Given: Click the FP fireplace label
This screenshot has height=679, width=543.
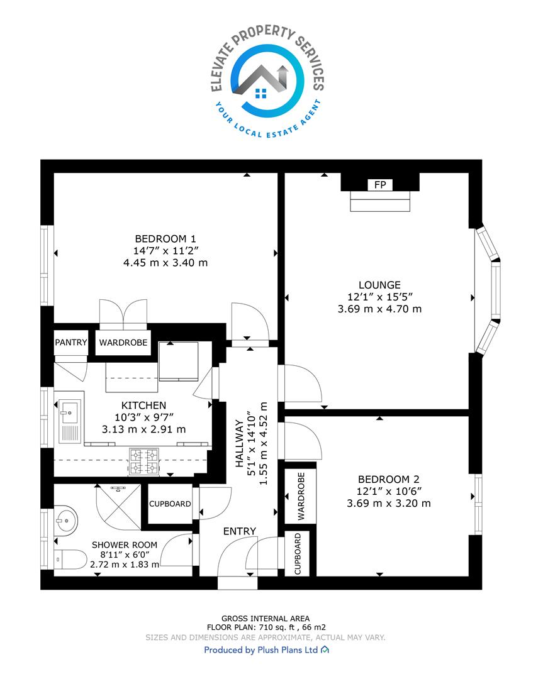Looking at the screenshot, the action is pyautogui.click(x=380, y=185).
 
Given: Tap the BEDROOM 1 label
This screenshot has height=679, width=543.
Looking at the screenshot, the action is pyautogui.click(x=165, y=239).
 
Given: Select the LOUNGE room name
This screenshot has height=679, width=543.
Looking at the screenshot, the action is pyautogui.click(x=379, y=285).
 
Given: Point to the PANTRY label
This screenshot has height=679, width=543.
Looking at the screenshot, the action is pyautogui.click(x=70, y=343).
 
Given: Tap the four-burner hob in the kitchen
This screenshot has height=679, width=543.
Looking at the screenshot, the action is pyautogui.click(x=144, y=462).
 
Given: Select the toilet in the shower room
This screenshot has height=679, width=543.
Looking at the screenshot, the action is pyautogui.click(x=70, y=559).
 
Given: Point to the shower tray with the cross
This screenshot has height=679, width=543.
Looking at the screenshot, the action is pyautogui.click(x=118, y=507).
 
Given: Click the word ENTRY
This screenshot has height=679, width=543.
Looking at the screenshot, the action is pyautogui.click(x=240, y=531).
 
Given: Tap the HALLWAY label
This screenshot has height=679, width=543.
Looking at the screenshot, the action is pyautogui.click(x=238, y=444).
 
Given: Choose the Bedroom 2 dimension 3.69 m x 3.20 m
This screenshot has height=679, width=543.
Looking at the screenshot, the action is pyautogui.click(x=389, y=503).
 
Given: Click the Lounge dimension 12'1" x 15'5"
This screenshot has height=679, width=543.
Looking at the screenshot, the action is pyautogui.click(x=379, y=297).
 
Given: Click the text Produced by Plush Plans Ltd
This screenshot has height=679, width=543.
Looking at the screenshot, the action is pyautogui.click(x=261, y=650).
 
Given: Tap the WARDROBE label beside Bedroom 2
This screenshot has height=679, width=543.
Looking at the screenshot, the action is pyautogui.click(x=301, y=496).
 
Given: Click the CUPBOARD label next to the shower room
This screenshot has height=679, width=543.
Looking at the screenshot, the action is pyautogui.click(x=170, y=504).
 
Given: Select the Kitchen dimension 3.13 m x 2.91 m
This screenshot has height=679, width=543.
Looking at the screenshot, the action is pyautogui.click(x=144, y=429).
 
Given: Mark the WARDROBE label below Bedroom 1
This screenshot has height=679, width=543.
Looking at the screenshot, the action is pyautogui.click(x=123, y=343).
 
